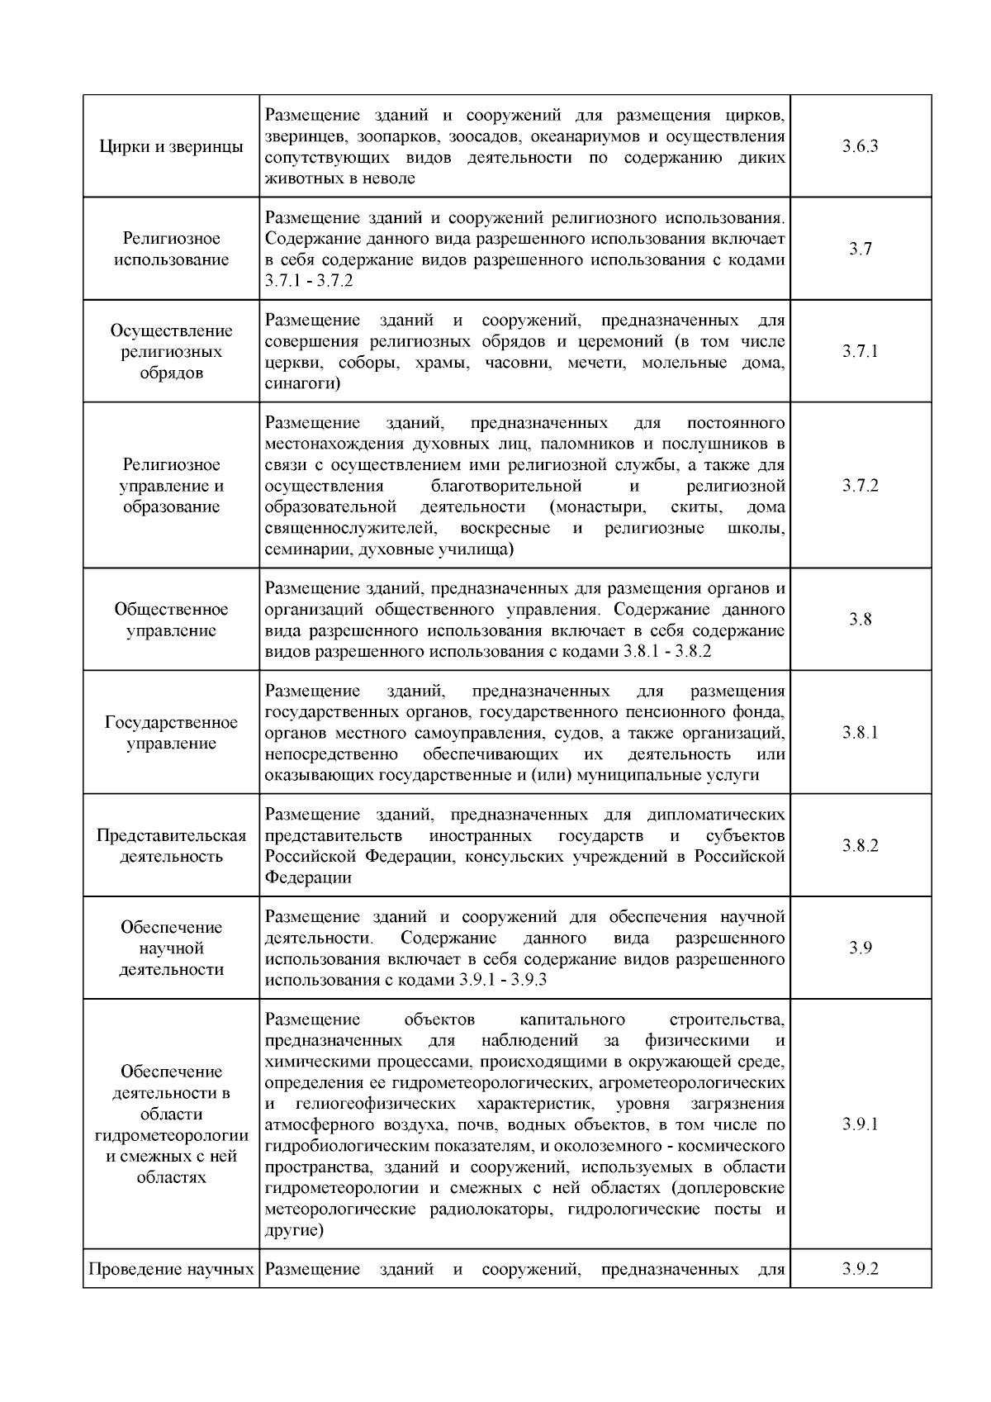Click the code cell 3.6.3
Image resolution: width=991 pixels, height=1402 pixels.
pyautogui.click(x=860, y=146)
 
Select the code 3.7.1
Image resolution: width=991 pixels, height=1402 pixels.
pyautogui.click(x=860, y=351)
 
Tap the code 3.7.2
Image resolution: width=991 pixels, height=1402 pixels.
pyautogui.click(x=860, y=485)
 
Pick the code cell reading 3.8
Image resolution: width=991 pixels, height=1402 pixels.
pyautogui.click(x=860, y=620)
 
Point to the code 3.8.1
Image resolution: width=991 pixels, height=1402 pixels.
pyautogui.click(x=860, y=733)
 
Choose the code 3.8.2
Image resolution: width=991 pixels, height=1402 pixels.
pyautogui.click(x=860, y=845)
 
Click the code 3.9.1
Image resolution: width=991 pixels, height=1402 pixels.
pyautogui.click(x=860, y=1124)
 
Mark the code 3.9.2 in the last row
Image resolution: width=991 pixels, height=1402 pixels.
pyautogui.click(x=860, y=1268)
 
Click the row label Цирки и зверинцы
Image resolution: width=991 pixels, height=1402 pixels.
pyautogui.click(x=171, y=147)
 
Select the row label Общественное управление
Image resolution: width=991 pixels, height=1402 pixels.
pyautogui.click(x=171, y=620)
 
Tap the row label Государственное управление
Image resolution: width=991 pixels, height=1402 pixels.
pyautogui.click(x=171, y=733)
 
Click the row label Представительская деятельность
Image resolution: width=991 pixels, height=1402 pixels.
pyautogui.click(x=171, y=845)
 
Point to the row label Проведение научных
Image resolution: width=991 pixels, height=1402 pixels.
pyautogui.click(x=171, y=1269)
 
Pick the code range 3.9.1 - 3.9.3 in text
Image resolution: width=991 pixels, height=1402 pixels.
pyautogui.click(x=501, y=980)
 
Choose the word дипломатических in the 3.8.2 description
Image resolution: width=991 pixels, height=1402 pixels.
pyautogui.click(x=716, y=814)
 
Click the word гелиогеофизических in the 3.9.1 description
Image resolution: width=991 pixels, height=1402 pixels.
pyautogui.click(x=374, y=1104)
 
